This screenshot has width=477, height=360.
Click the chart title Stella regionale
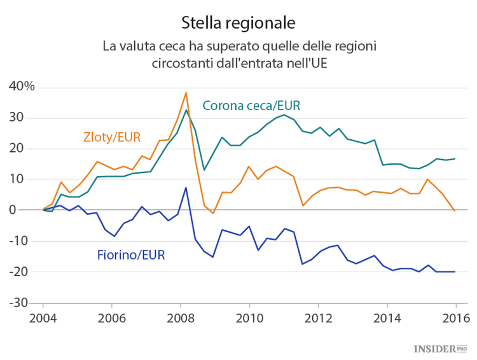238,23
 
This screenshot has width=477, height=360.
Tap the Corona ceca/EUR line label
251,106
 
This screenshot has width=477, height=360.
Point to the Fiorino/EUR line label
131,255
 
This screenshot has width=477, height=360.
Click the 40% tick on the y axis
21,87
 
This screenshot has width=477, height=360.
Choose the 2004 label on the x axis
43,317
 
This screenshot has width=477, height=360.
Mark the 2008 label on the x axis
180,317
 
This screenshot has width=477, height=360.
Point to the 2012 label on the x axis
318,317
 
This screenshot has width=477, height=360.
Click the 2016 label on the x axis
455,317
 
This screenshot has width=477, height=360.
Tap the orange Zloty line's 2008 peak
186,93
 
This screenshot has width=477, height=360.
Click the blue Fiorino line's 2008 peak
186,188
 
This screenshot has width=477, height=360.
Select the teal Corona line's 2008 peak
186,110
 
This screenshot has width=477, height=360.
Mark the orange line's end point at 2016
455,211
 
